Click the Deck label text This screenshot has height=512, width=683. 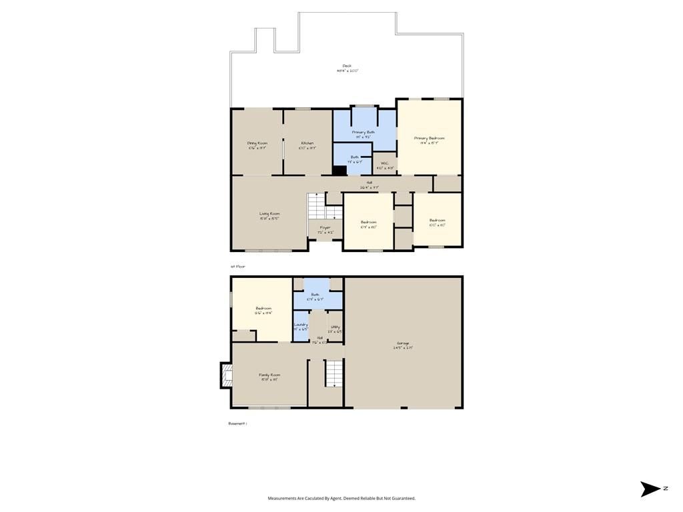(347, 66)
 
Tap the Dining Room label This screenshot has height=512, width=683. (257, 143)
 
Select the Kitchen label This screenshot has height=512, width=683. (307, 143)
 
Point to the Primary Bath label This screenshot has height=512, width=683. (364, 132)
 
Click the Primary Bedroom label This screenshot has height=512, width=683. (429, 138)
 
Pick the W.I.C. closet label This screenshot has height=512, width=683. (385, 163)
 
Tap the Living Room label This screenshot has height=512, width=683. (269, 214)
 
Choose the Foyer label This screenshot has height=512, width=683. (325, 228)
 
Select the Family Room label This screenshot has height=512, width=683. (269, 375)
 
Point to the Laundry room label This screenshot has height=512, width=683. (301, 325)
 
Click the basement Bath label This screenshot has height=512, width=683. (315, 295)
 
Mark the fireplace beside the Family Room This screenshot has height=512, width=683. (226, 375)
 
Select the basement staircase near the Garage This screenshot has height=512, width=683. (333, 373)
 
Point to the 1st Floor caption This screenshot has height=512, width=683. (238, 266)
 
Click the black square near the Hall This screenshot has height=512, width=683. (339, 170)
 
